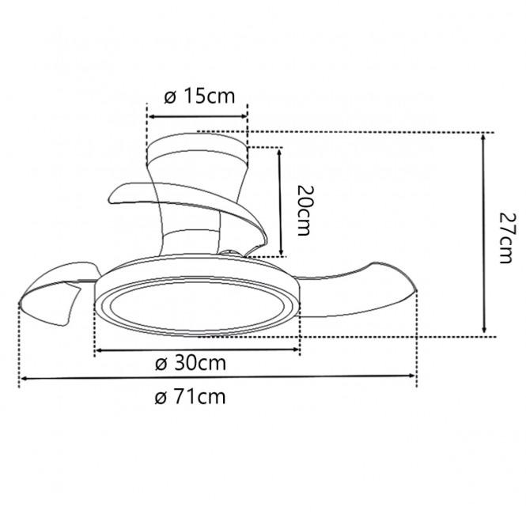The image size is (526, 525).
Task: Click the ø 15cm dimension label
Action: point(199,96)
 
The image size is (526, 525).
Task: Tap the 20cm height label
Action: point(305,210)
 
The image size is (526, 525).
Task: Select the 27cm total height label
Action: point(507,237)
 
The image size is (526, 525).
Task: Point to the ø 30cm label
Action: point(191,364)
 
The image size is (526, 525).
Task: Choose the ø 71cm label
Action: point(190,397)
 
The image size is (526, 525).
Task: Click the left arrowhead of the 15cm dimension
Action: point(152,117)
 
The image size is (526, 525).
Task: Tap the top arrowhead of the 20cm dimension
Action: point(279,152)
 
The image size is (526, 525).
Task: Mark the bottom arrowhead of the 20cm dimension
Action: point(282,252)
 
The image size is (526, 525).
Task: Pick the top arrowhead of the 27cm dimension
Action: point(483,138)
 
